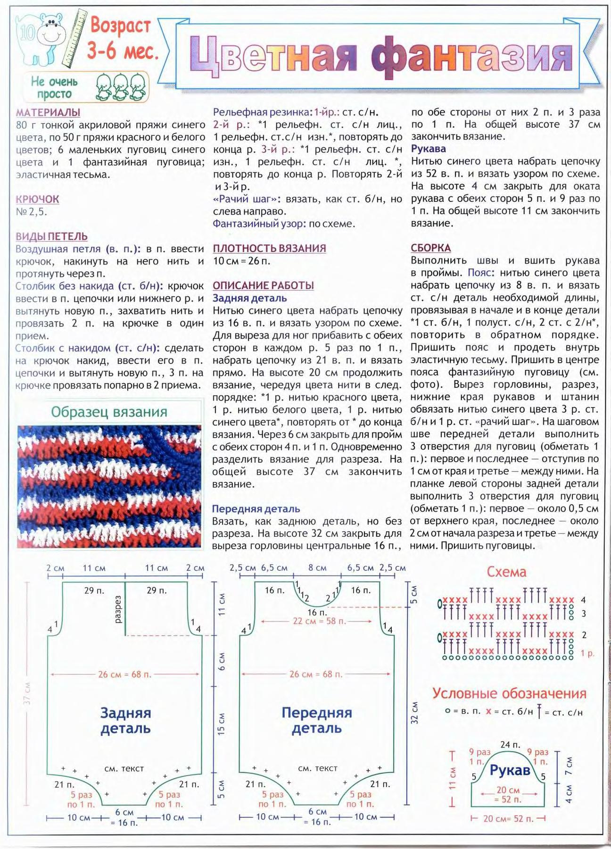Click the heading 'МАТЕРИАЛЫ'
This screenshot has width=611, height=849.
[48, 113]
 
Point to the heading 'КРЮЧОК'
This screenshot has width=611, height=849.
[37, 199]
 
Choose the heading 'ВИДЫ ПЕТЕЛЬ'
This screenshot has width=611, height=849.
[51, 236]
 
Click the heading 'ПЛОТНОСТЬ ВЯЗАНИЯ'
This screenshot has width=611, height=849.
[269, 249]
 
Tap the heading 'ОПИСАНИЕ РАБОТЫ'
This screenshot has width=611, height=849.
[263, 285]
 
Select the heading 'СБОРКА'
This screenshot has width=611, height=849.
[430, 248]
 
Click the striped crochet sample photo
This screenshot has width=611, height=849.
[109, 486]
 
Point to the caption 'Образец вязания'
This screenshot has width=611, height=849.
[109, 412]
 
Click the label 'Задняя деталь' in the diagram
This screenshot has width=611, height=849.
[125, 720]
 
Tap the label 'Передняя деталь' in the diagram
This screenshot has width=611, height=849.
[317, 720]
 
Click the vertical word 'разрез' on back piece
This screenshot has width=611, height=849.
[118, 609]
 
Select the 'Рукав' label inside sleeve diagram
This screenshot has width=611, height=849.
[510, 770]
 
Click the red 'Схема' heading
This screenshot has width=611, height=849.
[506, 572]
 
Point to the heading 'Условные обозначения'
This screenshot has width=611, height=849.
[509, 693]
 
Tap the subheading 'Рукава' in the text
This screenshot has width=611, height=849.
[428, 149]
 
